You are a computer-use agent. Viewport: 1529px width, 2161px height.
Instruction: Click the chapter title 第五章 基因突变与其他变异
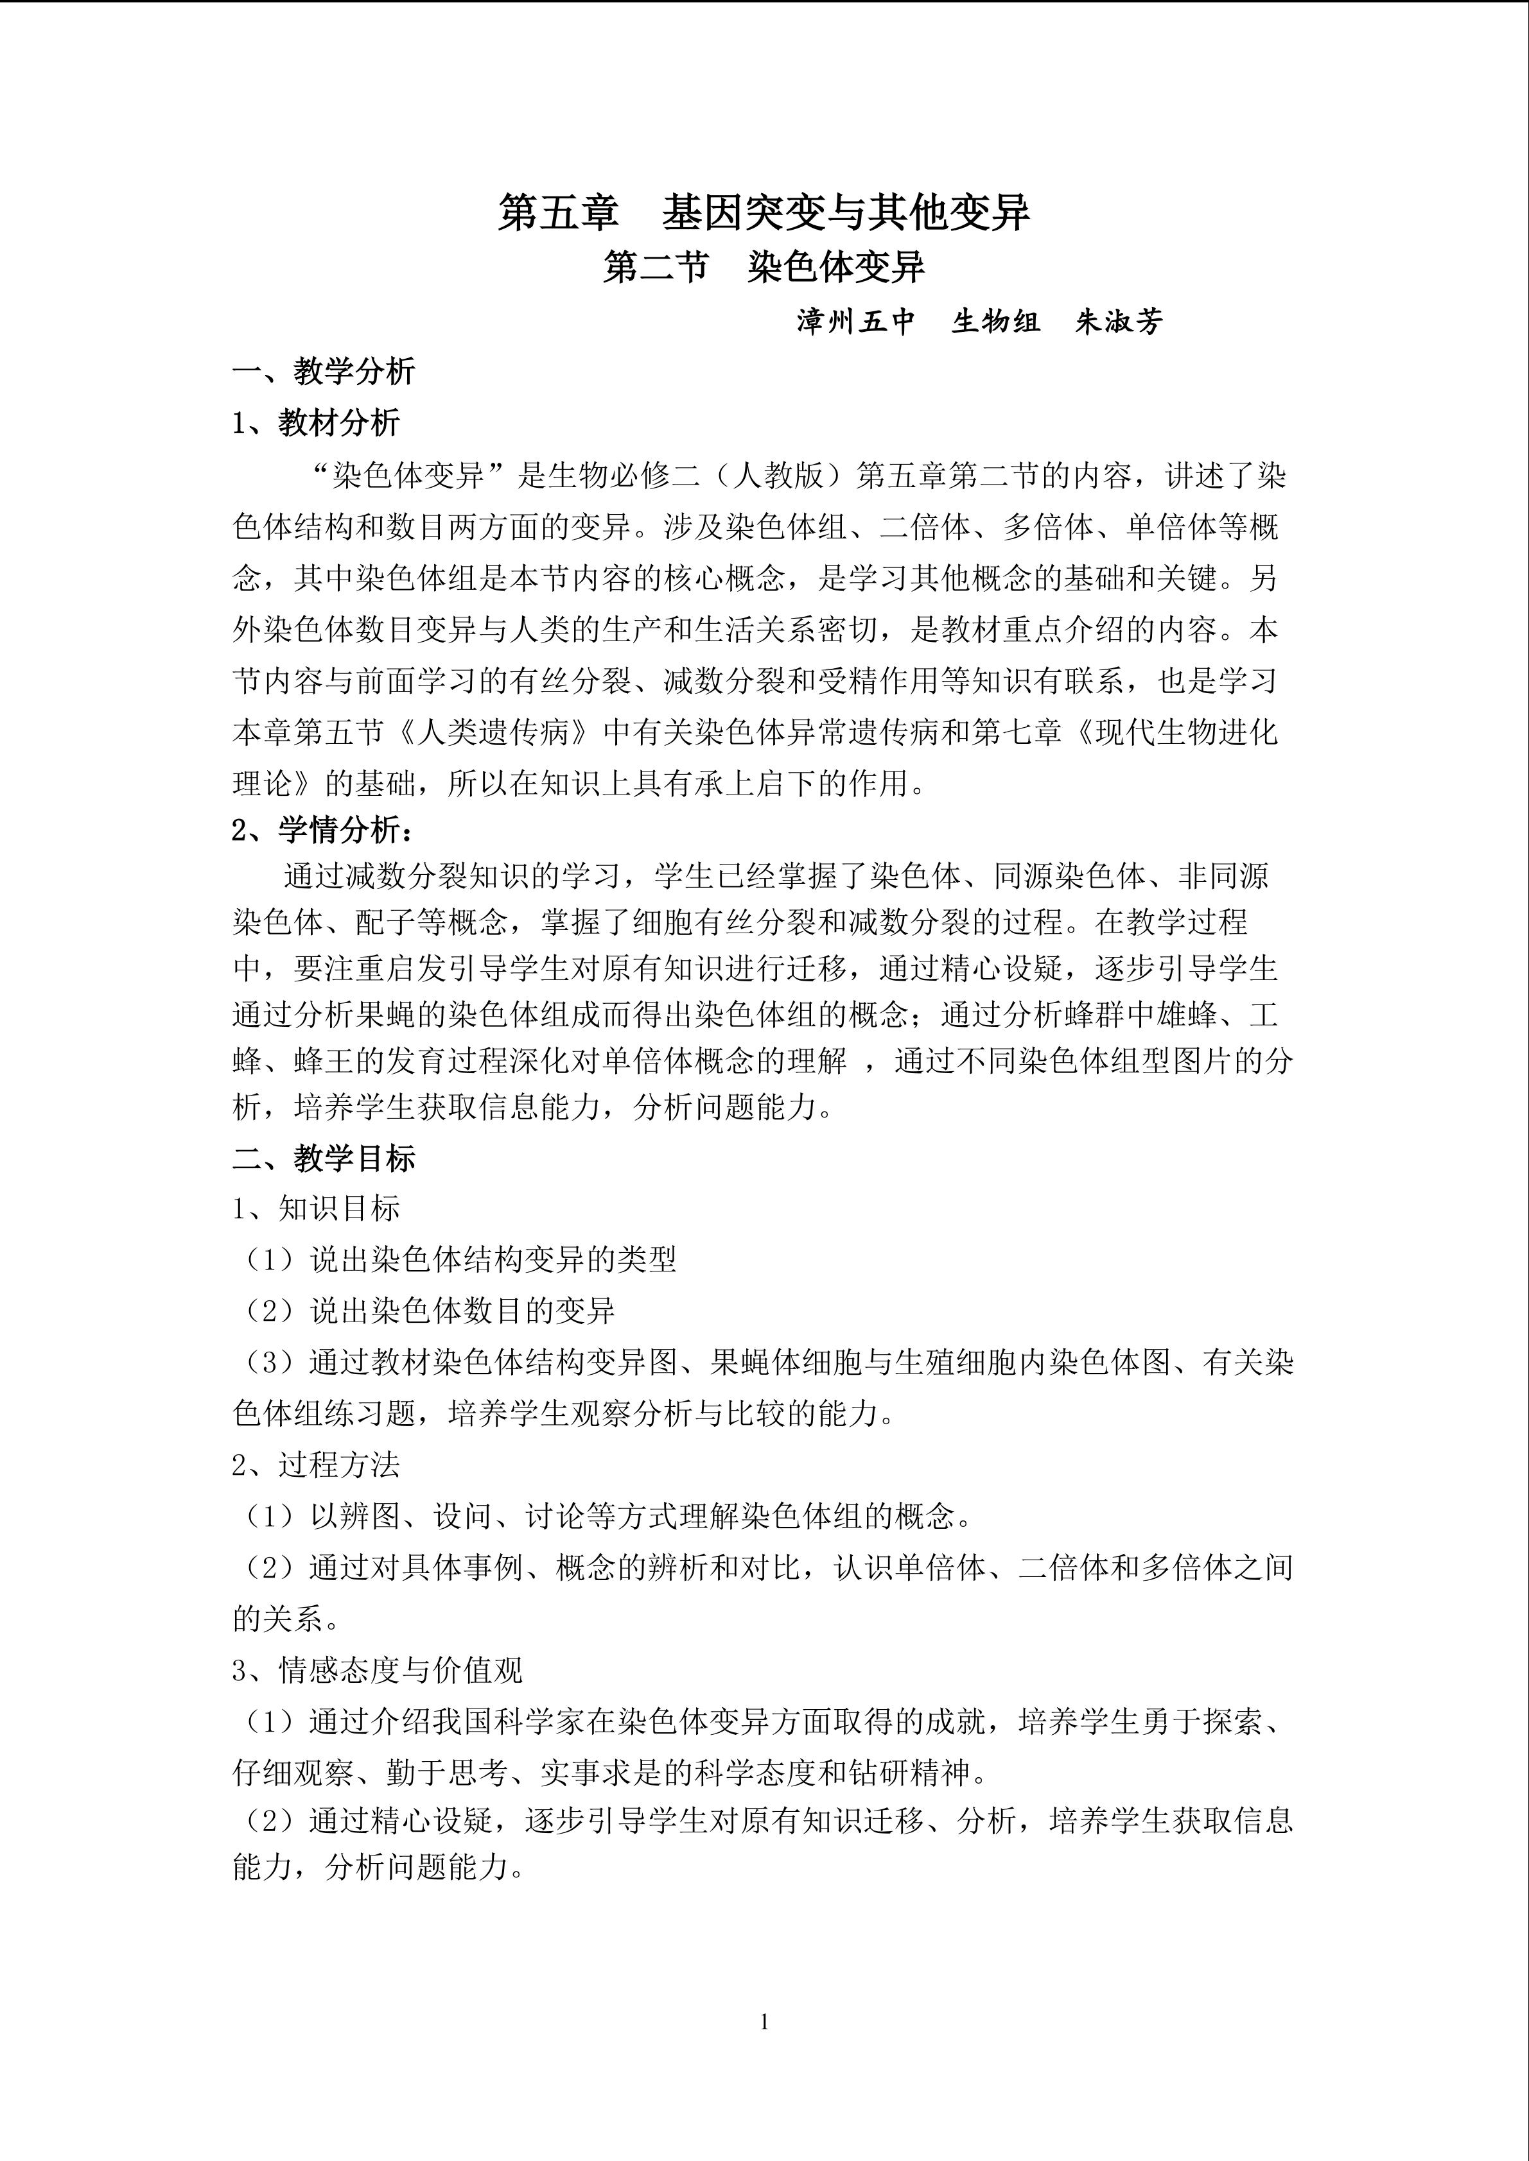[x=764, y=214]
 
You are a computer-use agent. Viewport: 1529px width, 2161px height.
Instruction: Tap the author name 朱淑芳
[x=1119, y=322]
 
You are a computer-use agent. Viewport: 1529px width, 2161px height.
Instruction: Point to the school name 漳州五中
[x=856, y=322]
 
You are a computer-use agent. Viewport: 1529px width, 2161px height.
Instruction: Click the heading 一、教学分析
[x=324, y=372]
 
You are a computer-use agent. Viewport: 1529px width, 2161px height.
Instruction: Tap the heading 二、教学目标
[x=324, y=1158]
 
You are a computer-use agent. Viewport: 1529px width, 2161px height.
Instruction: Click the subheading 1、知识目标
[x=317, y=1209]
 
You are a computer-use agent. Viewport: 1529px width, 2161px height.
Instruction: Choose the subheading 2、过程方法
[x=317, y=1465]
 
